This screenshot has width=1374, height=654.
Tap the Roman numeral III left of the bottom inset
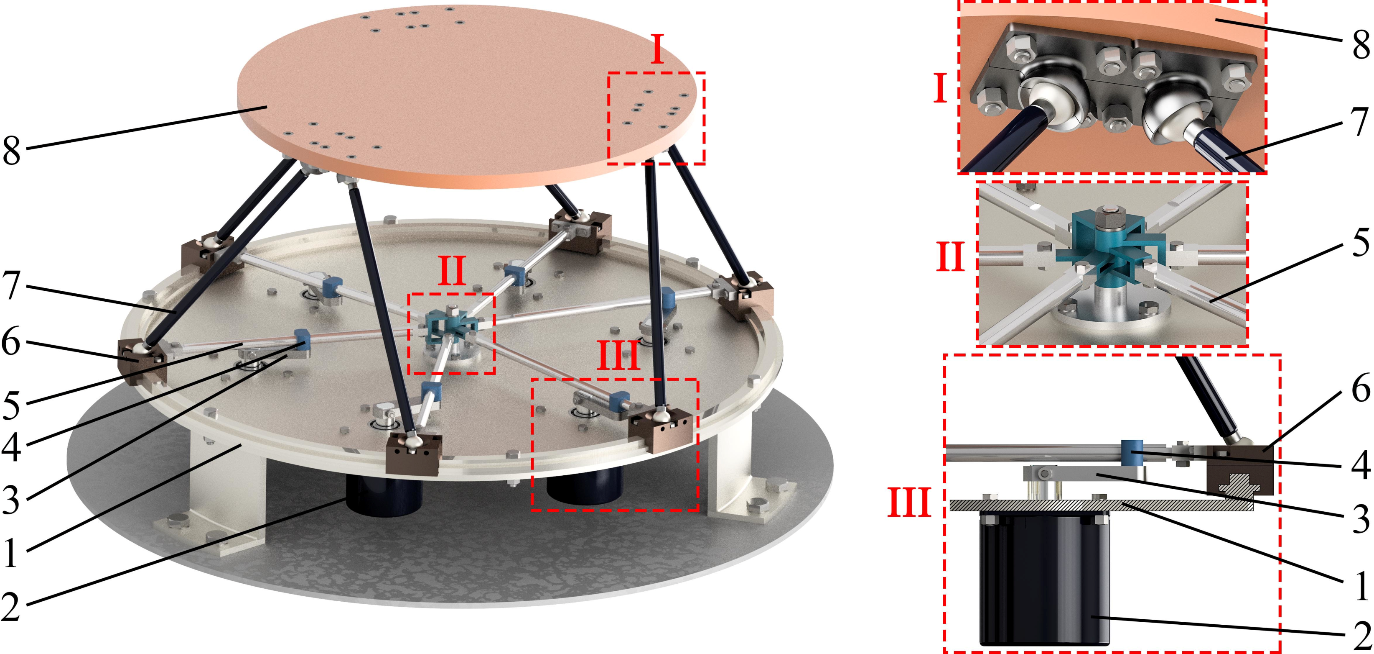pyautogui.click(x=909, y=503)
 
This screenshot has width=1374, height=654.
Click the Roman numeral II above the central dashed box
pyautogui.click(x=452, y=271)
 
